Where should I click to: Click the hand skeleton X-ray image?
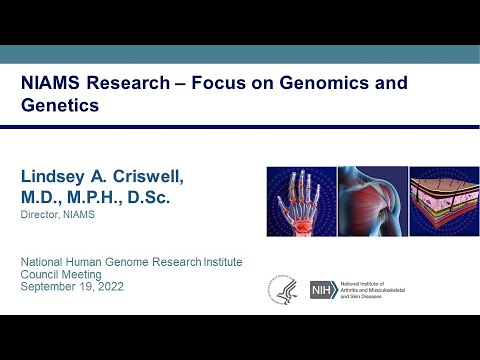[x=299, y=202]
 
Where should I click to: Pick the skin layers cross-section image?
[x=441, y=202]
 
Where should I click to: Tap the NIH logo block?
[x=323, y=290]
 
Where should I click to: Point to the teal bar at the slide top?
[x=240, y=54]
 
